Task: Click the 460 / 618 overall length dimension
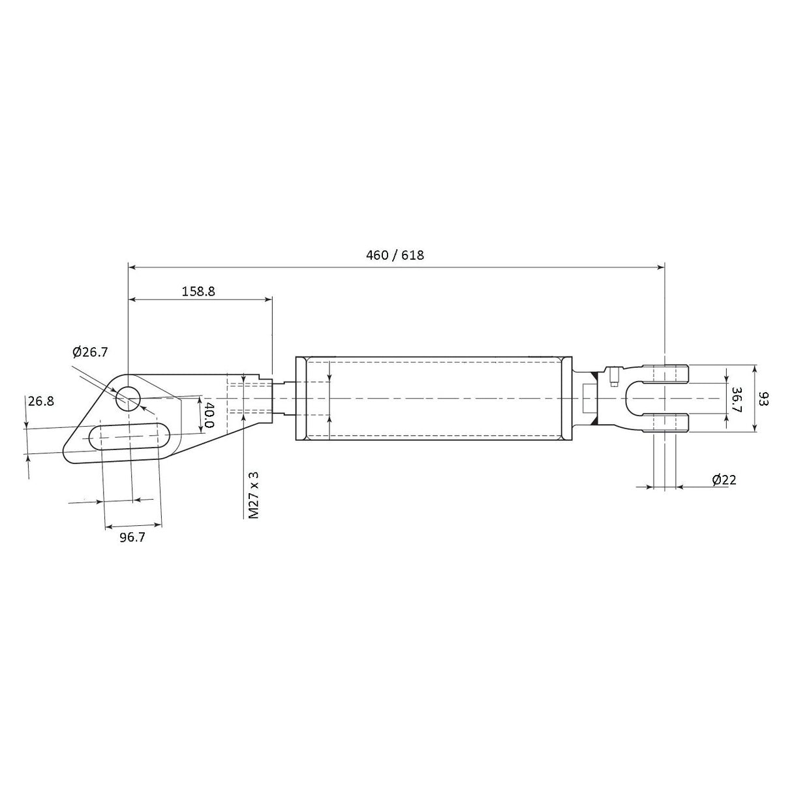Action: click(x=395, y=255)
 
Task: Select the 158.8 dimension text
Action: click(x=198, y=292)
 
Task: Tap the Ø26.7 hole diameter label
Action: click(x=90, y=352)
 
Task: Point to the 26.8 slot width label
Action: click(x=41, y=401)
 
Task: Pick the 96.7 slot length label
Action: click(x=132, y=537)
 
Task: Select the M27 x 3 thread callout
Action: click(x=254, y=495)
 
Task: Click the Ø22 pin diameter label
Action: click(x=724, y=480)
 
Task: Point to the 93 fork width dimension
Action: click(x=765, y=399)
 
